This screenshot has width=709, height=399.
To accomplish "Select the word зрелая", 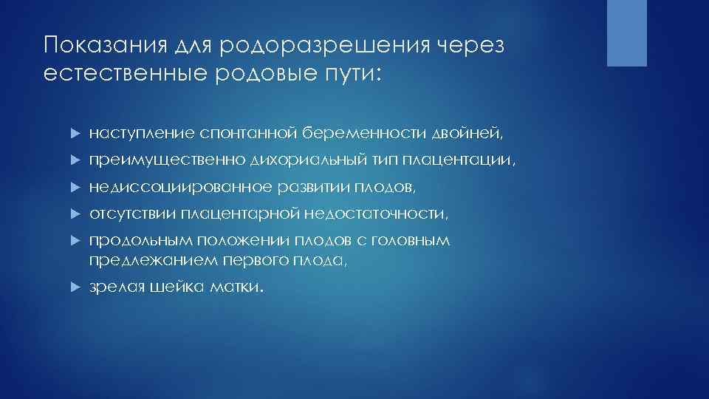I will (114, 287).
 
